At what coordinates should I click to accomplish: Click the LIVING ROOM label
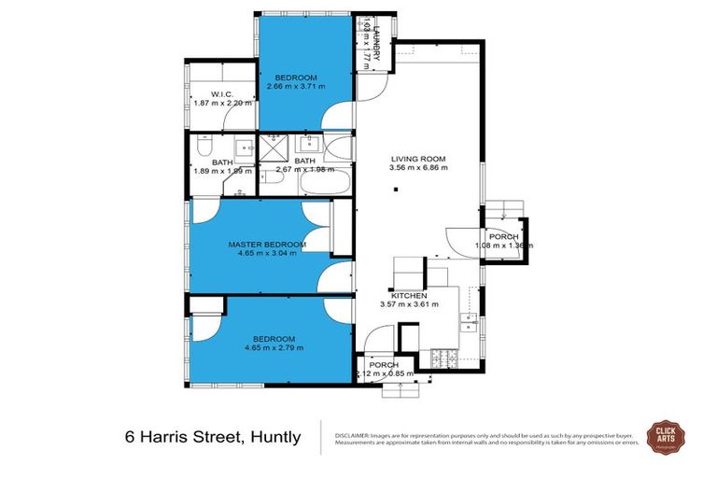point(419,158)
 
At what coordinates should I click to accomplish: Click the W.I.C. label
point(221,92)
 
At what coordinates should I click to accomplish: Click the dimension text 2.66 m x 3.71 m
point(295,87)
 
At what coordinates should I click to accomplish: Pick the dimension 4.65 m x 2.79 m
point(274,348)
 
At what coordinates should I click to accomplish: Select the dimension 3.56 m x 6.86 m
point(419,168)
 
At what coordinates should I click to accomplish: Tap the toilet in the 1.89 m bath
point(203,147)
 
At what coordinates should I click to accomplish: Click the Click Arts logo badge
point(673,436)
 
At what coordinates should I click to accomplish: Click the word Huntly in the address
point(271,437)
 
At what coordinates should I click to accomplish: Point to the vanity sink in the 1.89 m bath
point(243,148)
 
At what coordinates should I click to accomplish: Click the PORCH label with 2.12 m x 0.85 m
point(383,364)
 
